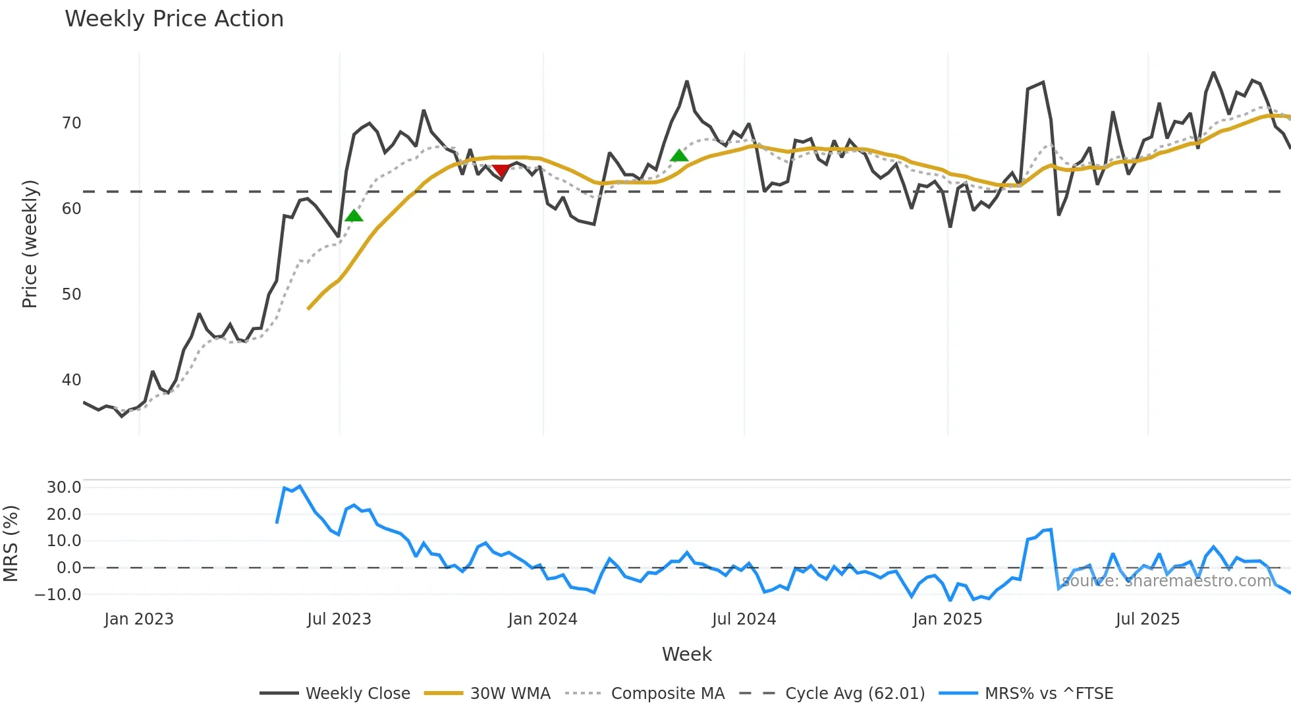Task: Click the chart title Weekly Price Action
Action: tap(174, 19)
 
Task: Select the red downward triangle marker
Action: tap(501, 171)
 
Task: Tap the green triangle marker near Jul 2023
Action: tap(354, 215)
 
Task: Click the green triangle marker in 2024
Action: tap(679, 155)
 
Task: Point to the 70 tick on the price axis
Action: tap(71, 123)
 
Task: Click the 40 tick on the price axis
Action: tap(71, 380)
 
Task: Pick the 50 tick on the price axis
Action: tap(71, 294)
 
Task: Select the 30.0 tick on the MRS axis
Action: tap(64, 488)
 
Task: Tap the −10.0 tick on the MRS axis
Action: tap(59, 594)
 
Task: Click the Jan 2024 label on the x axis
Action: tap(542, 619)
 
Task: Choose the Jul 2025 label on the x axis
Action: tap(1147, 619)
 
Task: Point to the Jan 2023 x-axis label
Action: tap(139, 619)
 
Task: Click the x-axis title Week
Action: tap(686, 654)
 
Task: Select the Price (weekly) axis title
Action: tap(30, 244)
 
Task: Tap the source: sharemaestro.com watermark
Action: tap(1167, 581)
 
